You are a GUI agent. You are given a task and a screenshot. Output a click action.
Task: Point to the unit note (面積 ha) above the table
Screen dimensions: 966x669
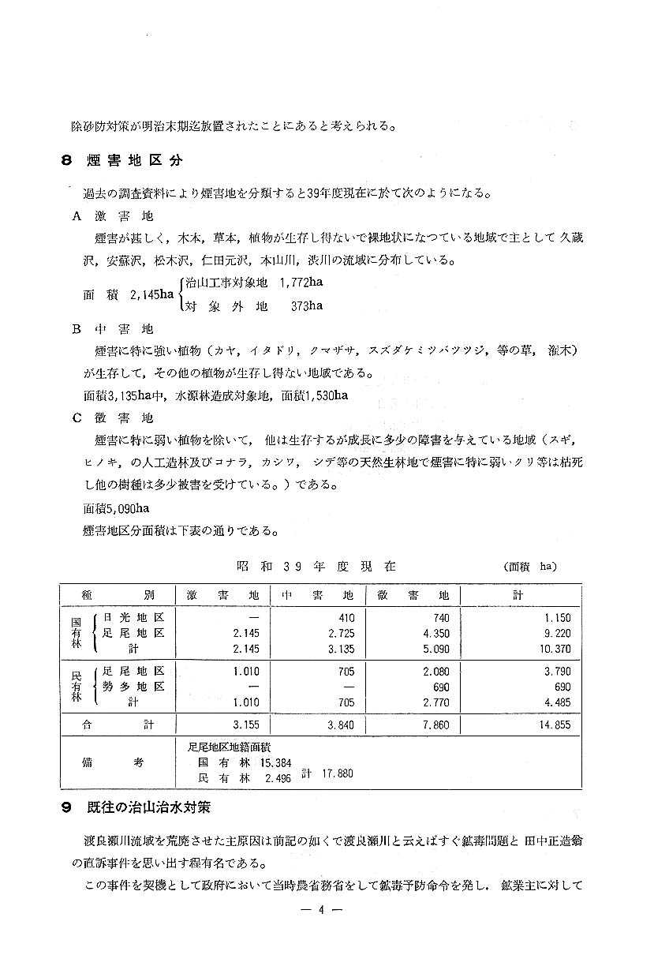click(529, 567)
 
